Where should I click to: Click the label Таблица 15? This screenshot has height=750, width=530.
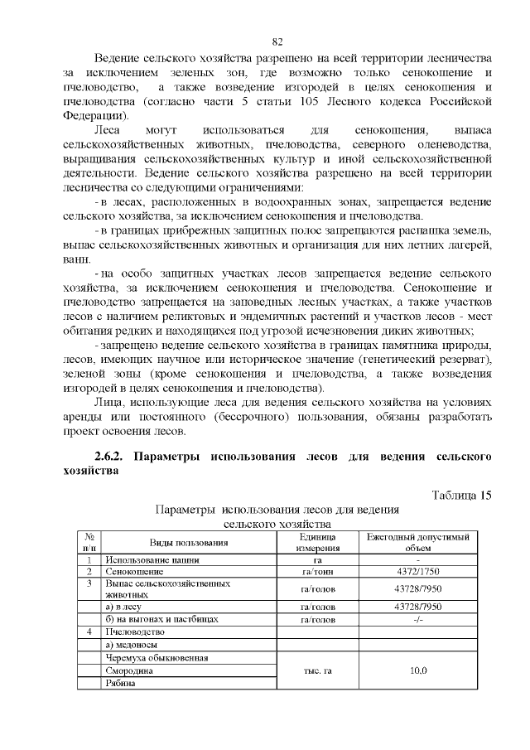[x=462, y=495]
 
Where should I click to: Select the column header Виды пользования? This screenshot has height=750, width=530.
[x=188, y=543]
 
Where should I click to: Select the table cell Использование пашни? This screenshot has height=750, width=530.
[x=147, y=560]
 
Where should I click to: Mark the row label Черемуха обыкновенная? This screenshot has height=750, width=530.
[x=157, y=657]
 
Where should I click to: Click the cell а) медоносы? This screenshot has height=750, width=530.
[x=132, y=644]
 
